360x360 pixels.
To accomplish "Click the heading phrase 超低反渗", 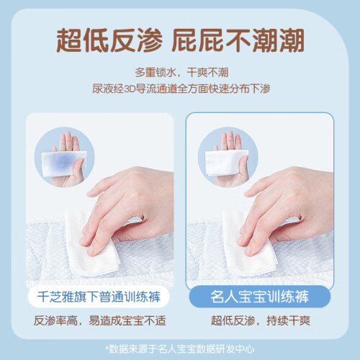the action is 109,40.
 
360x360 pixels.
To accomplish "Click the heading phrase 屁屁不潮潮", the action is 238,40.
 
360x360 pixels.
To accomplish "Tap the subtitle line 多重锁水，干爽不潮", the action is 181,72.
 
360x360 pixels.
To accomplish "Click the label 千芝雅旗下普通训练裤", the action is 99,297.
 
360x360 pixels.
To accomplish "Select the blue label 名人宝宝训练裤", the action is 260,297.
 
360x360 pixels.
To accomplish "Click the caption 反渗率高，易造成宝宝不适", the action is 99,320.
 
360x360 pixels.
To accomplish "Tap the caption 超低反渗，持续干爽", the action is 261,320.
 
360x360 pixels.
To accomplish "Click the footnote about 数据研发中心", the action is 179,349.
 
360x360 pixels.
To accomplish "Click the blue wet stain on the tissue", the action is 63,161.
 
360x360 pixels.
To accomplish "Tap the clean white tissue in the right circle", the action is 225,162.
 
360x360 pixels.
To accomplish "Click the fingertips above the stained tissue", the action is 68,140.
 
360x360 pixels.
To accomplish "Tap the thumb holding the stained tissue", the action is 78,168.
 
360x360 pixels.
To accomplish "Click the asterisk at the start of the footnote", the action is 107,347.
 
